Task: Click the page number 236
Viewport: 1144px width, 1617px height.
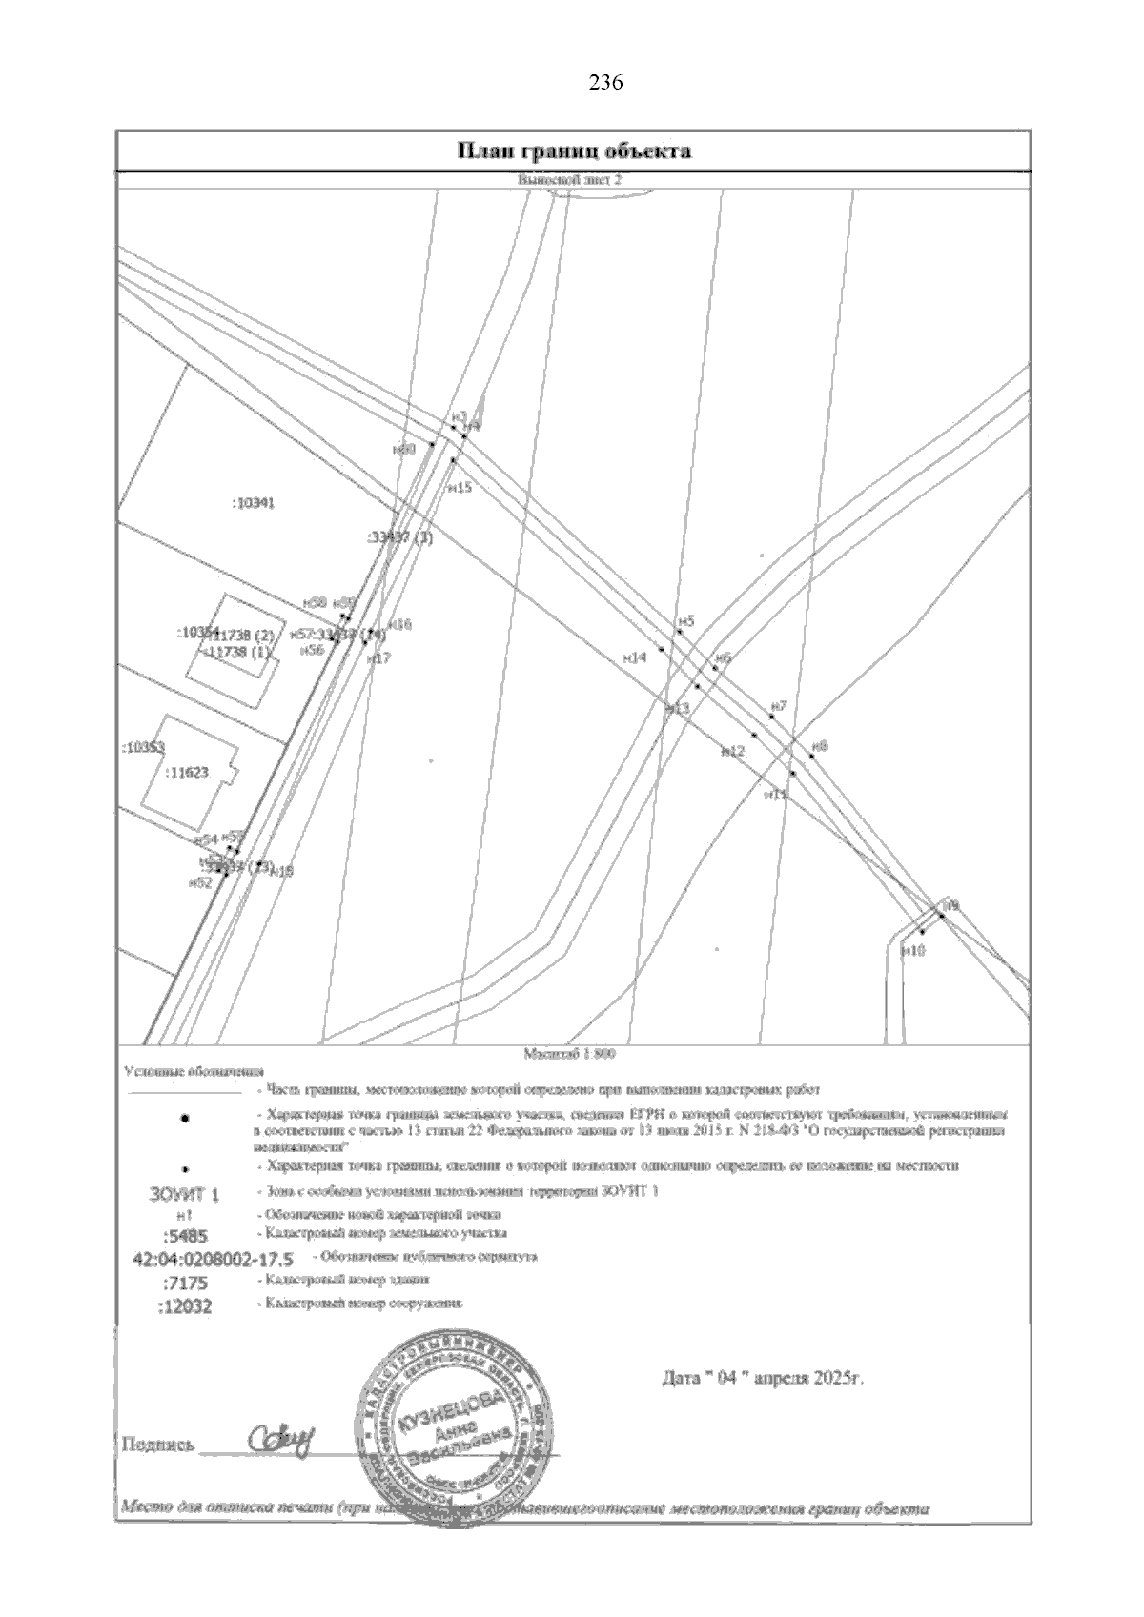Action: pos(605,83)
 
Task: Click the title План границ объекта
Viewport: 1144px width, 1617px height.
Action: pos(574,151)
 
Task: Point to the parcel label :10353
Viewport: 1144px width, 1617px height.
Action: pos(144,747)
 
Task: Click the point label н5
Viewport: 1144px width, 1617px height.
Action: pos(685,621)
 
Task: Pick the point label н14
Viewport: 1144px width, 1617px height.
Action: pos(634,657)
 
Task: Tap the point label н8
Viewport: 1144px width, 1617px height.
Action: pos(819,747)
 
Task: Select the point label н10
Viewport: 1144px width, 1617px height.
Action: pos(913,950)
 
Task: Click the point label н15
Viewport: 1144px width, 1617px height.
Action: pos(460,488)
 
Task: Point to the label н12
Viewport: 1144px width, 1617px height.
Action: pos(732,752)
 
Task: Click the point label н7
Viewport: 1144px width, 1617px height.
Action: pos(779,706)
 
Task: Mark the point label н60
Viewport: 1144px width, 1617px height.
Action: pos(404,449)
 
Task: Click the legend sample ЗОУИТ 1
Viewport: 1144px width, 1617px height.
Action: pos(185,1194)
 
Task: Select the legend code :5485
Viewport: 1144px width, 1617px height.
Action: pos(184,1236)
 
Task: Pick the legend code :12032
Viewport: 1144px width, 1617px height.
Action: pos(185,1305)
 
